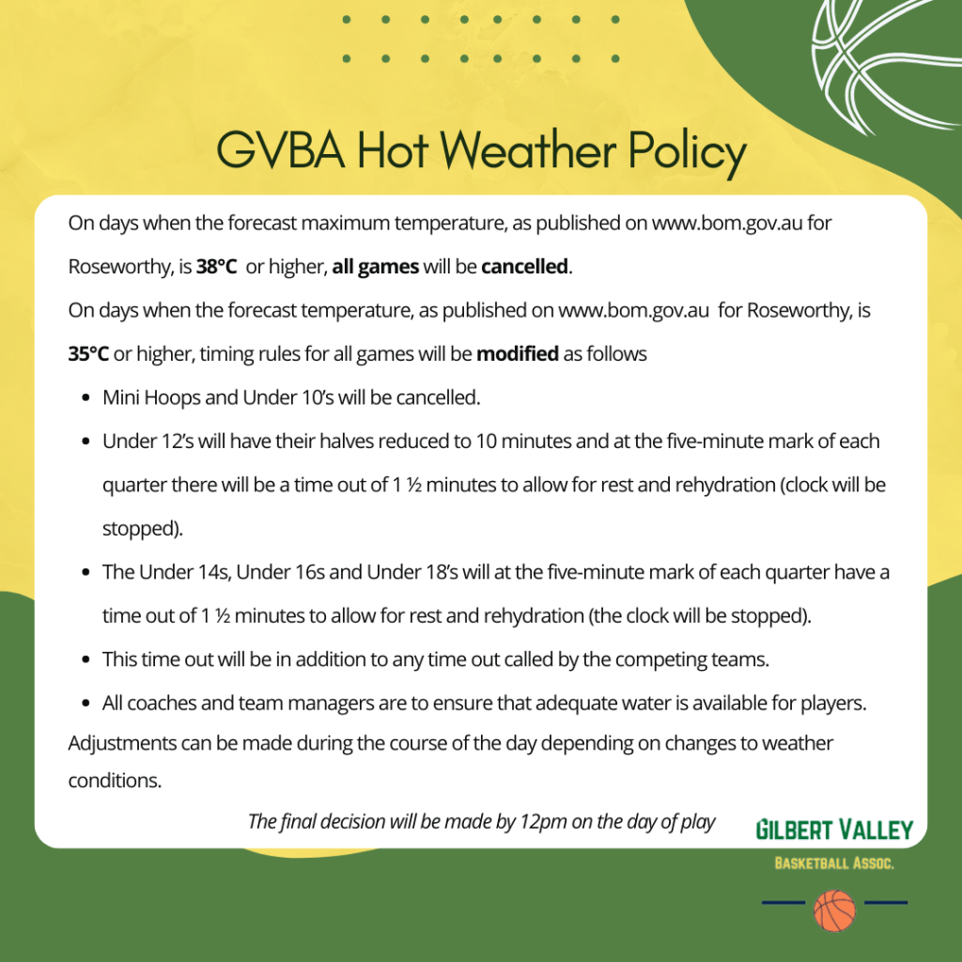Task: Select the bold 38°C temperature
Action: (x=216, y=267)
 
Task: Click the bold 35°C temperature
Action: (x=88, y=355)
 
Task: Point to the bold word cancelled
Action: (x=525, y=267)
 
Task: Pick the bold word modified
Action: (x=518, y=355)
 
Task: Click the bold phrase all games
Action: (x=376, y=267)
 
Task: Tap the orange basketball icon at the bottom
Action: (x=834, y=910)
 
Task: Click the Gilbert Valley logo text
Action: (x=834, y=830)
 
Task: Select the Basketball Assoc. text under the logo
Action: (x=834, y=863)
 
